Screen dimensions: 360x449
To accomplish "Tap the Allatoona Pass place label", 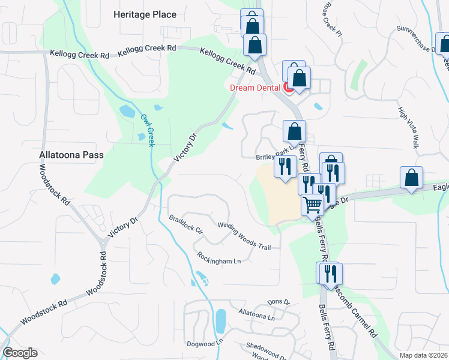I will tap(71, 155).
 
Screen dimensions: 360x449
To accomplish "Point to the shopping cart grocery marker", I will tap(312, 205).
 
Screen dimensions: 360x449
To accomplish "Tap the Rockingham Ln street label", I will tap(218, 258).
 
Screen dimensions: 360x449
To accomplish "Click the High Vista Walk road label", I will tap(408, 128).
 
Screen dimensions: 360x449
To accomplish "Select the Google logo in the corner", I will tap(20, 353).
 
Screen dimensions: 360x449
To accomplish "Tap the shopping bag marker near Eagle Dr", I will tap(411, 178).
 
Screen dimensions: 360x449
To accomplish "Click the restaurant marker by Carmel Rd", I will tap(328, 274).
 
